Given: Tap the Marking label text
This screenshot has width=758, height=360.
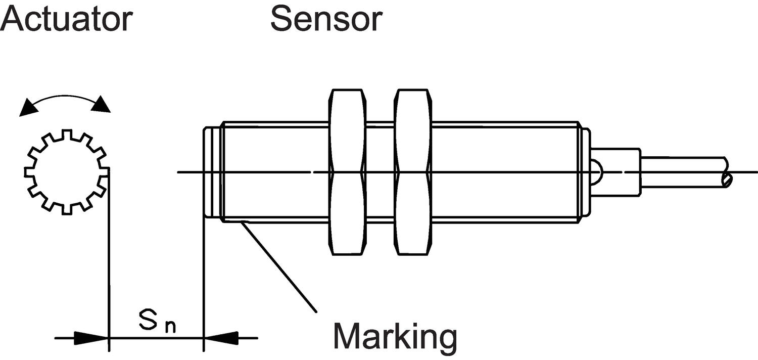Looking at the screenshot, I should (x=395, y=336).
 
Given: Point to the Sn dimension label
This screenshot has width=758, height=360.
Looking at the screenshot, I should (x=157, y=324).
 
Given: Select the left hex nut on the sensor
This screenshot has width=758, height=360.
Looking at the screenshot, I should (x=347, y=172).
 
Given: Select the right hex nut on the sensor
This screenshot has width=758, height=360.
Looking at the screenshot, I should (x=413, y=172).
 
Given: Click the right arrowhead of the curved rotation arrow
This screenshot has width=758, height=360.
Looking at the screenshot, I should (x=102, y=105).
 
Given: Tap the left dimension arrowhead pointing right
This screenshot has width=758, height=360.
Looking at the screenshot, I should (x=91, y=338).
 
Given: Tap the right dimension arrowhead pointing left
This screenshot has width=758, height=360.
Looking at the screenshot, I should (x=221, y=338).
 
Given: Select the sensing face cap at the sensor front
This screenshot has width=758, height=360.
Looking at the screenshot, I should (x=212, y=172).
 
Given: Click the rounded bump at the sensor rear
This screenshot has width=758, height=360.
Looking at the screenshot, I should (x=596, y=172).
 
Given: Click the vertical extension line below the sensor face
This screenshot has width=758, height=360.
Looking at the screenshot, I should (x=204, y=283).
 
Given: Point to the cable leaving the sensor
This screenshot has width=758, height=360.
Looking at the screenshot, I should (x=682, y=172).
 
